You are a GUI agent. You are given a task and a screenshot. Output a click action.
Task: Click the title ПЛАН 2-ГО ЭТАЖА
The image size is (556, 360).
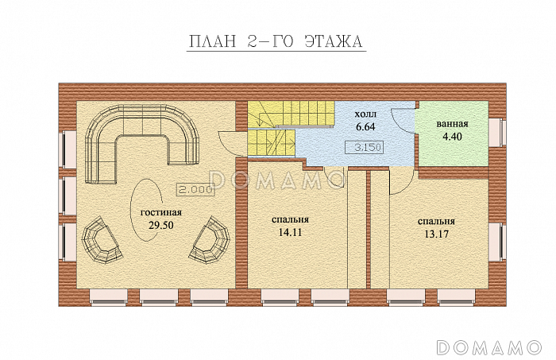pyautogui.click(x=275, y=41)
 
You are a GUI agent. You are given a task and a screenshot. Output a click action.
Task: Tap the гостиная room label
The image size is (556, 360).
pyautogui.click(x=161, y=212)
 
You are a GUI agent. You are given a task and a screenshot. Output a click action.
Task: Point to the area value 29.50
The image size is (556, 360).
pyautogui.click(x=161, y=225)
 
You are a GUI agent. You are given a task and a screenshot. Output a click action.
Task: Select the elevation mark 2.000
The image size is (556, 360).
pyautogui.click(x=195, y=190)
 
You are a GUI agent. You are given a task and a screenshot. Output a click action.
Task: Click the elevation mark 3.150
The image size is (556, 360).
pyautogui.click(x=365, y=146)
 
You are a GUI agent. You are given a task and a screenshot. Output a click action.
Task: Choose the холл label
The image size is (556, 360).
pyautogui.click(x=365, y=114)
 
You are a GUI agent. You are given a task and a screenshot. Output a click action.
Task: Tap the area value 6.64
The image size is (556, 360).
pyautogui.click(x=365, y=126)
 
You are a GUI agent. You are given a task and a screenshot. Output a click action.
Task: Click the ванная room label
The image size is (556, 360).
pyautogui.click(x=452, y=124)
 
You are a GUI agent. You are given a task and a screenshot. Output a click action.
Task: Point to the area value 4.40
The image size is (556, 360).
pyautogui.click(x=452, y=136)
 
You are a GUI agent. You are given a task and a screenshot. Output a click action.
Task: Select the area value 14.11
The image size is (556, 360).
pyautogui.click(x=291, y=232)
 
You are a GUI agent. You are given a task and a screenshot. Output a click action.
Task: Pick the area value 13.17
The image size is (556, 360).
pyautogui.click(x=437, y=234)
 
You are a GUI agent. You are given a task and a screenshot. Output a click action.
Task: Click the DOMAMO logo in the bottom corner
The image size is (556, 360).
pyautogui.click(x=489, y=346)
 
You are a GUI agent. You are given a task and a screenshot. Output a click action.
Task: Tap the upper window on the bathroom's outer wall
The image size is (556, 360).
pyautogui.click(x=497, y=132)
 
